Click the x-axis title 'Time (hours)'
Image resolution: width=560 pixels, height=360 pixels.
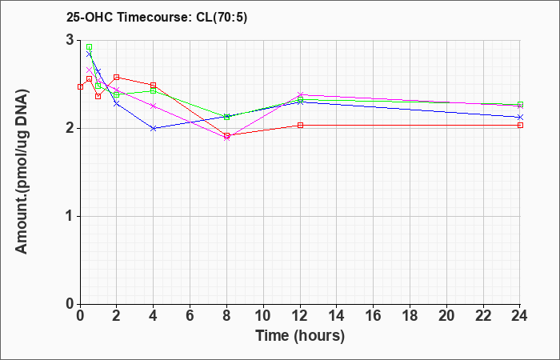pyautogui.click(x=300, y=335)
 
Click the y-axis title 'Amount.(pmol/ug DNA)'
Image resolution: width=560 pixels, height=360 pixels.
pyautogui.click(x=24, y=172)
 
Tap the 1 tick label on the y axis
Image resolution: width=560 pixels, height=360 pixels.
pyautogui.click(x=70, y=216)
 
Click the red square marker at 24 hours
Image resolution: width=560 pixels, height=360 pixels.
pyautogui.click(x=520, y=125)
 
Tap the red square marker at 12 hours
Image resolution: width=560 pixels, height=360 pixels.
pyautogui.click(x=300, y=125)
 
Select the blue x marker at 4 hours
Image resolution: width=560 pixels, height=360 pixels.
pyautogui.click(x=154, y=128)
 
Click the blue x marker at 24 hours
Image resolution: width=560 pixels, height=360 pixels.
pyautogui.click(x=520, y=117)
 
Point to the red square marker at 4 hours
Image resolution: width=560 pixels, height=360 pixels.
pyautogui.click(x=154, y=85)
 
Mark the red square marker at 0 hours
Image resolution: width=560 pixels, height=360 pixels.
pyautogui.click(x=80, y=86)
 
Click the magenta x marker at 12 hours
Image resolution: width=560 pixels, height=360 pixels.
pyautogui.click(x=300, y=94)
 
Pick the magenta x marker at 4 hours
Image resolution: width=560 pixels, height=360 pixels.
pyautogui.click(x=154, y=106)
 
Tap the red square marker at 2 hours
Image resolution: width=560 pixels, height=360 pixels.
pyautogui.click(x=117, y=77)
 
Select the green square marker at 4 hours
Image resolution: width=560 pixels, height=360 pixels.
pyautogui.click(x=154, y=90)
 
